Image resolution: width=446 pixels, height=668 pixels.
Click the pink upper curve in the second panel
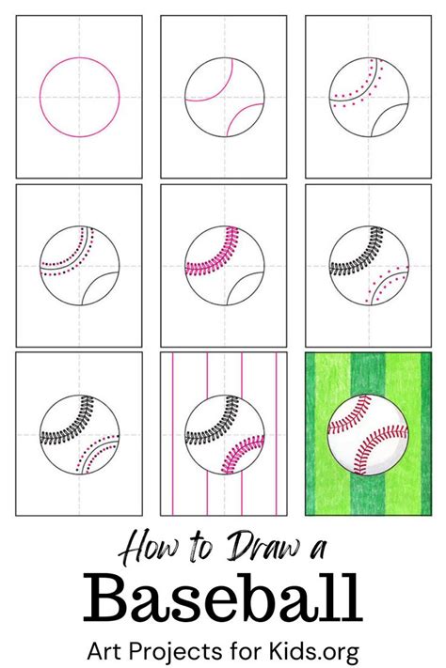[215, 86]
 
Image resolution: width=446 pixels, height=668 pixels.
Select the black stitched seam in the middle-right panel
[358, 253]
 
